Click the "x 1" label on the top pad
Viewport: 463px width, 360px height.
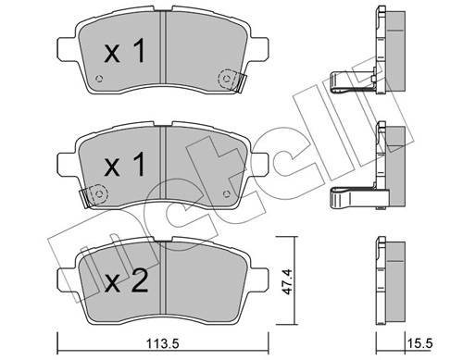click(x=123, y=53)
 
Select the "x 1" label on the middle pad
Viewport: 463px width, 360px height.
click(x=123, y=166)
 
